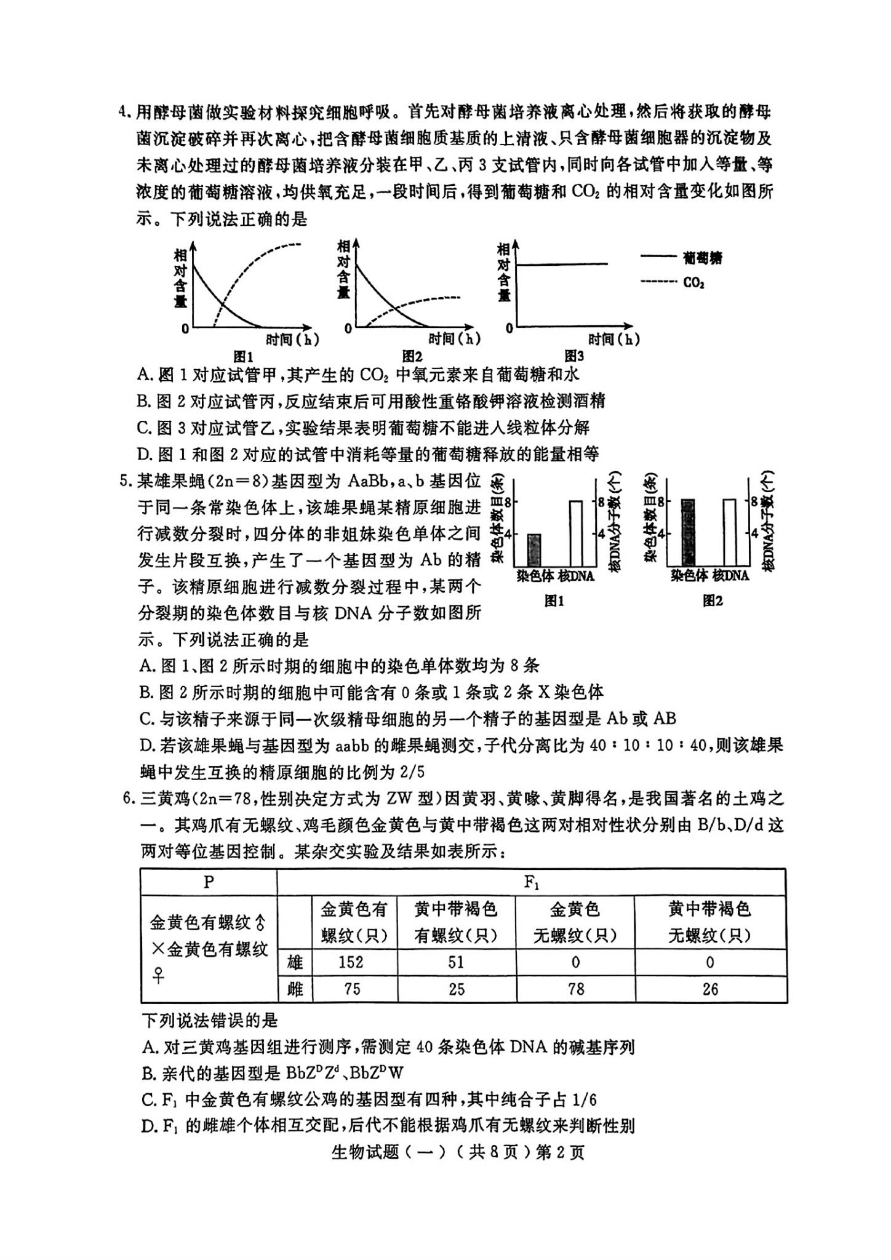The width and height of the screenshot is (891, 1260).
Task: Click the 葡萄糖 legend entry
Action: point(702,258)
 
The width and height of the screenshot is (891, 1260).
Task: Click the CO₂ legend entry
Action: point(693,282)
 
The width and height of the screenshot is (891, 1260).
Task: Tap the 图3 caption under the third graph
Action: point(573,356)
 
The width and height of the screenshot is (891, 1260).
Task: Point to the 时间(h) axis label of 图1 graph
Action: point(292,338)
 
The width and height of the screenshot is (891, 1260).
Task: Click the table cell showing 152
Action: point(351,962)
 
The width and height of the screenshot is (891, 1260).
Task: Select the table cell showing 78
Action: point(575,989)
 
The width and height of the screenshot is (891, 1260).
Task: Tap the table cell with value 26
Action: point(710,989)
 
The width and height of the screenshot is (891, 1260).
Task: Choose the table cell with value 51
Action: point(456,962)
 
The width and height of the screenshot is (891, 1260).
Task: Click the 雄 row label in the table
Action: point(295,962)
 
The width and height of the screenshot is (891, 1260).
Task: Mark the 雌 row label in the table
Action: point(295,989)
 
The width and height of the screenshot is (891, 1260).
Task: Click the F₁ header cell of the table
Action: point(531,882)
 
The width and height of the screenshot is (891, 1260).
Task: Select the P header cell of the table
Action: point(209,882)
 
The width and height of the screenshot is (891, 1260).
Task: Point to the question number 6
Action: point(127,799)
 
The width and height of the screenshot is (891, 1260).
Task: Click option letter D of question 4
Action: point(145,455)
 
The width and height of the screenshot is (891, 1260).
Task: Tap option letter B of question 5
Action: point(145,692)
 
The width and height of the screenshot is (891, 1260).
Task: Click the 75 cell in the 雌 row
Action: point(351,989)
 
